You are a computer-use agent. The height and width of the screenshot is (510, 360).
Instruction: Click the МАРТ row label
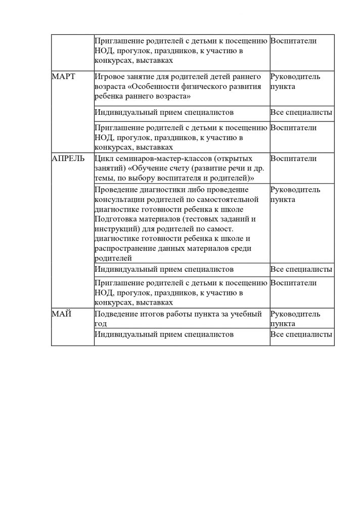click(x=64, y=76)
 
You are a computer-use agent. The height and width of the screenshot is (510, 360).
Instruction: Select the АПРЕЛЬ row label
click(x=68, y=158)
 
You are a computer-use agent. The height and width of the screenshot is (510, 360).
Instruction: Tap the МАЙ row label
click(x=62, y=314)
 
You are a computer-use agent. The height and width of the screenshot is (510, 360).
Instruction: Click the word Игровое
click(x=110, y=76)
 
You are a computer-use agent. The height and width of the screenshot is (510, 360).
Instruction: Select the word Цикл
click(x=103, y=158)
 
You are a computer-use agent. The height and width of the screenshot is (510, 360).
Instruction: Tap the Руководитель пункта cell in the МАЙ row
click(x=295, y=319)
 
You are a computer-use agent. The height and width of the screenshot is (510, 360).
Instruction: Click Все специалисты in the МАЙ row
click(x=301, y=334)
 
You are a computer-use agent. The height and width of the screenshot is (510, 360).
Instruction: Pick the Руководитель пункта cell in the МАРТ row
click(x=295, y=81)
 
